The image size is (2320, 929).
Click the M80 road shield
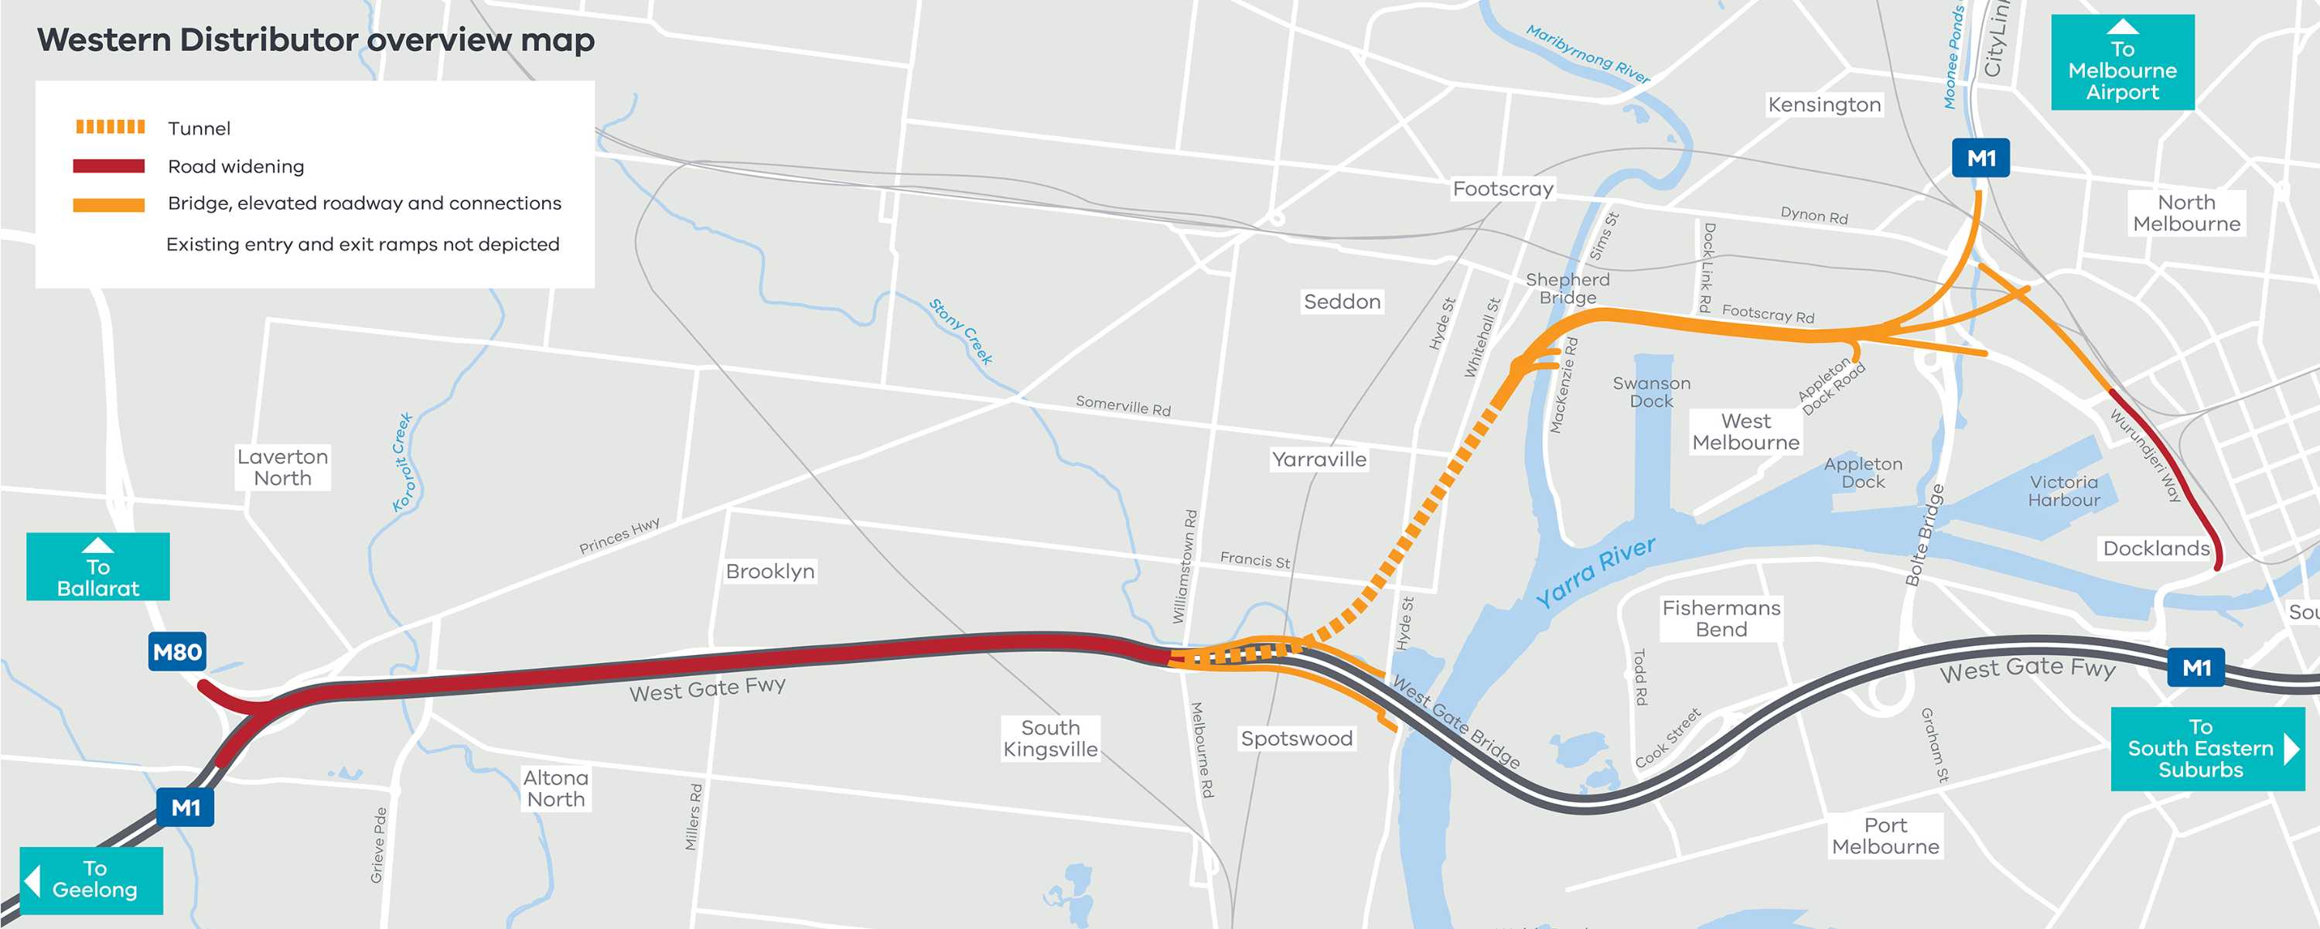176,651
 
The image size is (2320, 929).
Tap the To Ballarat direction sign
97,568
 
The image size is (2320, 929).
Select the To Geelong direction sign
92,879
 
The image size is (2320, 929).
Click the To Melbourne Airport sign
2122,63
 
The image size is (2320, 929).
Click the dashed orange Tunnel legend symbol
110,127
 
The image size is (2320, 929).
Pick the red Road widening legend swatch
109,166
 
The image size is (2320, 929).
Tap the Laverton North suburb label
282,466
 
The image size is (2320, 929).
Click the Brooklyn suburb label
770,572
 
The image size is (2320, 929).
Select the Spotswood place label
1296,739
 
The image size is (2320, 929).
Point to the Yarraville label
1319,459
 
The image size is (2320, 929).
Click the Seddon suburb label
1342,302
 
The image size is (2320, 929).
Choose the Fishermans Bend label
1721,619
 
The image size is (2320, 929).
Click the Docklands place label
2155,548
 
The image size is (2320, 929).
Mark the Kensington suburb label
1824,104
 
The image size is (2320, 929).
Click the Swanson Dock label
1651,392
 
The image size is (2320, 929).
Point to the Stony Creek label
961,332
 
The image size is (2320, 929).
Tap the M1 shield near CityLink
1981,159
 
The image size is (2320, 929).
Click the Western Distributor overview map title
316,40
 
